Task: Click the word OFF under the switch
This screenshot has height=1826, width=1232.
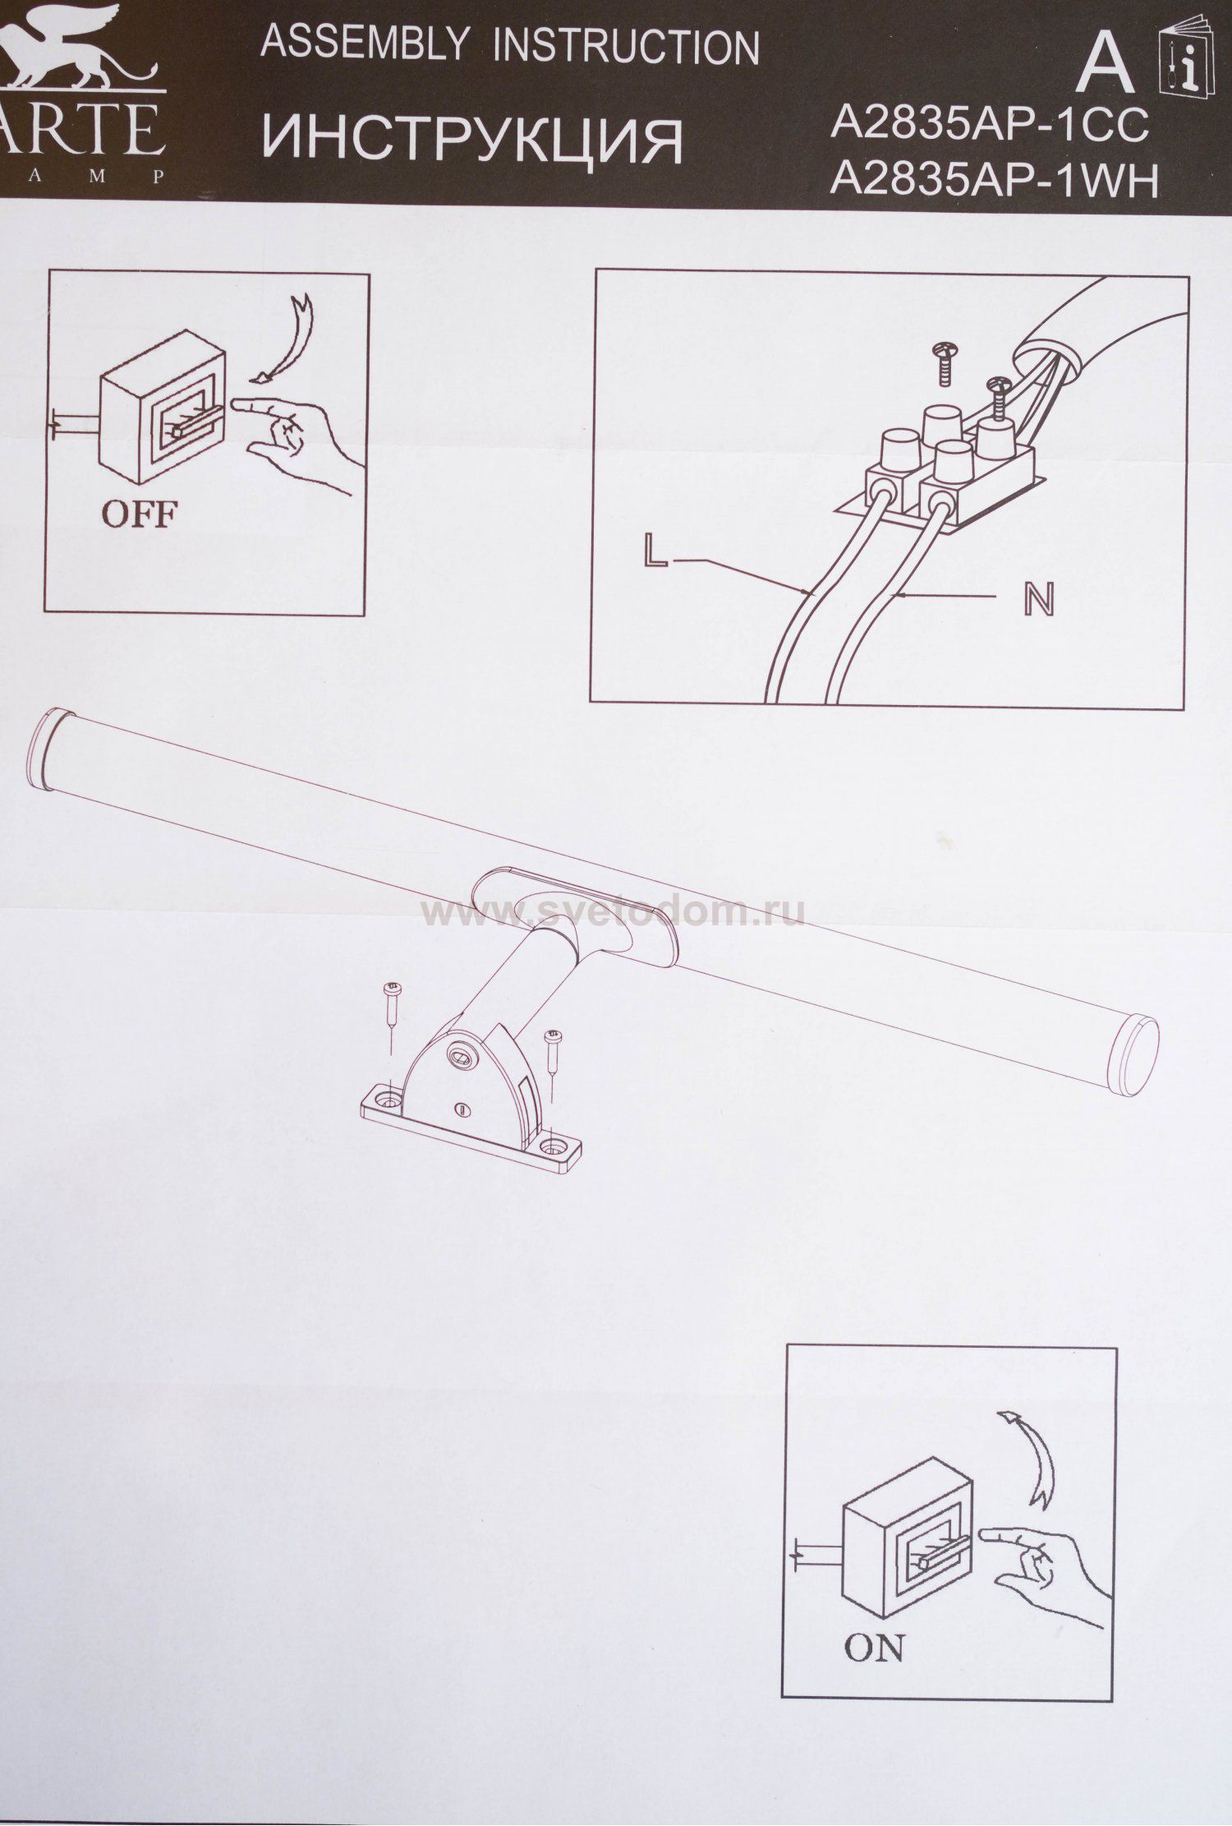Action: [138, 514]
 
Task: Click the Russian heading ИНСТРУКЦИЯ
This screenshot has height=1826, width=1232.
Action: [472, 140]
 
